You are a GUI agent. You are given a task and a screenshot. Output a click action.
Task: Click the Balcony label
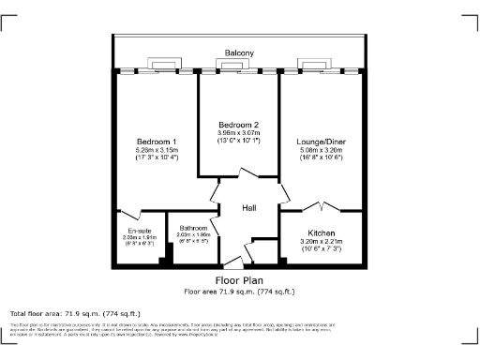238,53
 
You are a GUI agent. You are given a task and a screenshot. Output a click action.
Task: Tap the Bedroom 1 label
157,142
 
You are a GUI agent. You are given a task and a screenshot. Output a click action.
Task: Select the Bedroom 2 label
238,125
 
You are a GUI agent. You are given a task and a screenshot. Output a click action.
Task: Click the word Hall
249,208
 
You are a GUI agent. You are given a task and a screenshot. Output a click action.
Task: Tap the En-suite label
139,231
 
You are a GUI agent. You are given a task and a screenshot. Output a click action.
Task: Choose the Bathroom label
193,228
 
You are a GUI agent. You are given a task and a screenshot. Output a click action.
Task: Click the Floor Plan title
239,280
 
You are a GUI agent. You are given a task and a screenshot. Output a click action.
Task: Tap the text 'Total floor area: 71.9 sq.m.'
75,313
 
